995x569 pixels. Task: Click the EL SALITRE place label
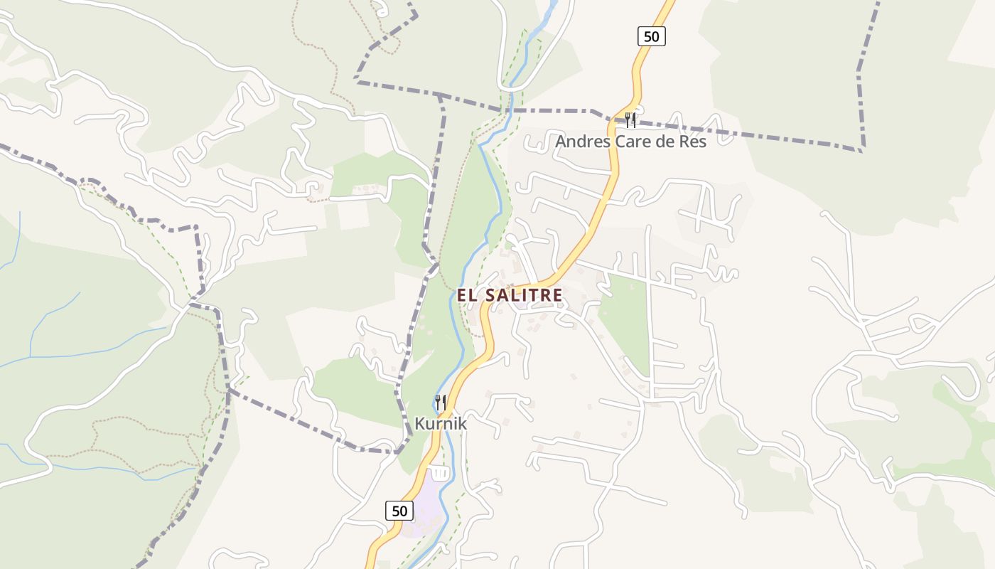(x=510, y=295)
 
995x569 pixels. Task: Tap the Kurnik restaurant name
(x=441, y=424)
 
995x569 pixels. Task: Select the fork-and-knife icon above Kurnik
(x=441, y=403)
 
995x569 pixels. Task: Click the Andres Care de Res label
(x=630, y=142)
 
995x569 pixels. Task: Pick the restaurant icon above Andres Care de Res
(x=630, y=119)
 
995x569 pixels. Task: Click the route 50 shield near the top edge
(x=651, y=36)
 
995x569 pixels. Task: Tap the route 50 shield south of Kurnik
(x=399, y=510)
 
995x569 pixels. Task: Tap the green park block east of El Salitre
(x=625, y=320)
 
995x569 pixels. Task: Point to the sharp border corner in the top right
(x=862, y=150)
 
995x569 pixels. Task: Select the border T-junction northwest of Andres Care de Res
(x=441, y=95)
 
